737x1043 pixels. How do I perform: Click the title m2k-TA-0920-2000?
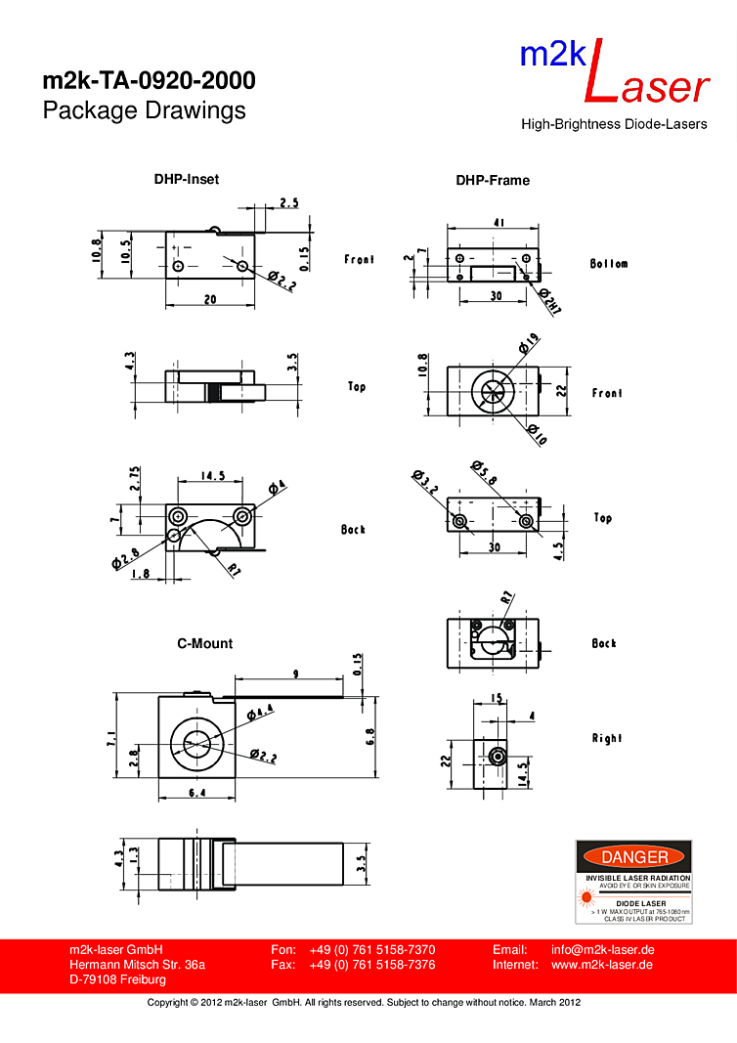149,80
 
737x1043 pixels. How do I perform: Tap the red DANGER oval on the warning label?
633,857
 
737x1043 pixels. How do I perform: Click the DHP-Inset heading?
186,179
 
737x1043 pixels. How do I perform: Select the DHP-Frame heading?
493,180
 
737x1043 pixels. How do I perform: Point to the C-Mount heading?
204,643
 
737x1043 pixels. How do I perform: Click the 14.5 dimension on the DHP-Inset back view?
213,476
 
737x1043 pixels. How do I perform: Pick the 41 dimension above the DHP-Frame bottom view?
499,223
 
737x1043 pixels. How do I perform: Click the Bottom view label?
609,264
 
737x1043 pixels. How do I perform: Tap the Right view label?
606,738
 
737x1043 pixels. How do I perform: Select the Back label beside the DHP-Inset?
353,529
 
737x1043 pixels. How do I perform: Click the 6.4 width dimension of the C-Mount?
196,793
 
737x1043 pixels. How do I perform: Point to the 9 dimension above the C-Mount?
295,673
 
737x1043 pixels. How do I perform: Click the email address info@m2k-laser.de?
602,949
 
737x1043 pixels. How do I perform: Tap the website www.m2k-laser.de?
602,965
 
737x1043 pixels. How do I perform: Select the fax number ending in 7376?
371,965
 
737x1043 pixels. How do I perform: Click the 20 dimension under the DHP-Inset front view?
210,300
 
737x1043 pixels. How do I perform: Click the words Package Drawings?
144,110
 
